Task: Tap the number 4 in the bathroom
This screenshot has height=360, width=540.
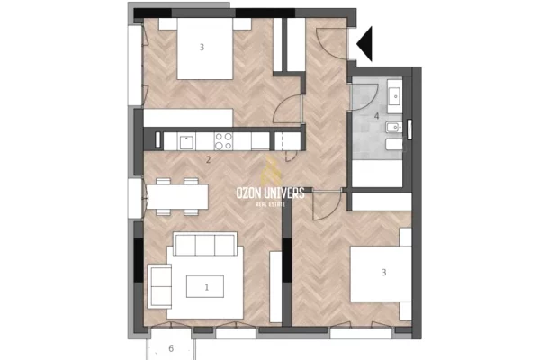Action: click(x=376, y=115)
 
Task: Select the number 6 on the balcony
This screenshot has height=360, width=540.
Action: click(x=171, y=348)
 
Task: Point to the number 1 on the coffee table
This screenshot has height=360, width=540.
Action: click(x=207, y=287)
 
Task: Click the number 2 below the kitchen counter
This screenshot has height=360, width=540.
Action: click(x=208, y=160)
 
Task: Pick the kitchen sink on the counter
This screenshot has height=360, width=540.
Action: click(x=186, y=140)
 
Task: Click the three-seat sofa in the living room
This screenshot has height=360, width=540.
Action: click(x=205, y=245)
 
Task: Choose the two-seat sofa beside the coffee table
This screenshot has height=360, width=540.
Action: click(x=160, y=286)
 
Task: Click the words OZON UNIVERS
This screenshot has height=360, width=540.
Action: click(x=270, y=193)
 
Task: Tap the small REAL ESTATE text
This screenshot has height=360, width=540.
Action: click(x=270, y=204)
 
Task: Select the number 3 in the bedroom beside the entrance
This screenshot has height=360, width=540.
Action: click(x=202, y=46)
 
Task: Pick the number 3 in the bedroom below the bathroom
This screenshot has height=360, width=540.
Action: click(x=383, y=272)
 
